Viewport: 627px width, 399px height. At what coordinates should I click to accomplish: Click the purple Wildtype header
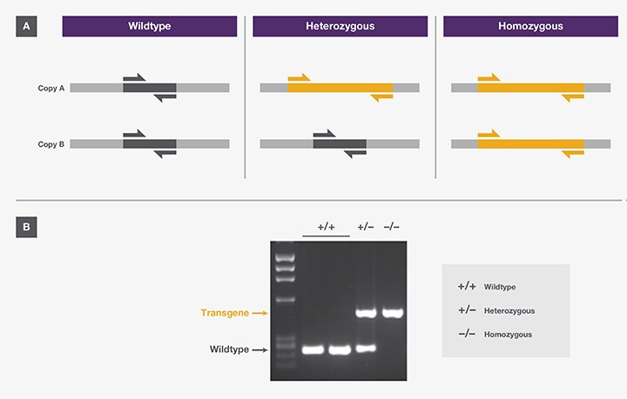coord(149,27)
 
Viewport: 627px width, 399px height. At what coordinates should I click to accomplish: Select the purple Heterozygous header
coord(340,27)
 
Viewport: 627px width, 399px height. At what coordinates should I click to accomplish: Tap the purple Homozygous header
coord(530,27)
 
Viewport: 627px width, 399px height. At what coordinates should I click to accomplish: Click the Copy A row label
coord(51,88)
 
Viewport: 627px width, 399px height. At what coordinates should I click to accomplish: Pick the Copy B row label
coord(51,143)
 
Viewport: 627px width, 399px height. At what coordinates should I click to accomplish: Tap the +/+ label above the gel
coord(327,228)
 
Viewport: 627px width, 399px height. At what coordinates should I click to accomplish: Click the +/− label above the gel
coord(366,228)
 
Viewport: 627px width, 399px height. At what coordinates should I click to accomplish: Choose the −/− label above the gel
coord(393,228)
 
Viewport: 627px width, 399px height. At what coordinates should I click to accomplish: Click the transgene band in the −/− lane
coord(394,313)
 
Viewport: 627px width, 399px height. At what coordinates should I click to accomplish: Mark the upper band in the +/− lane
coord(366,313)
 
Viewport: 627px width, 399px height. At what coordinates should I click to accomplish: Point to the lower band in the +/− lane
coord(366,349)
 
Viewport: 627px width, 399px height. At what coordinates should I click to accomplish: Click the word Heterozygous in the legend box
coord(509,310)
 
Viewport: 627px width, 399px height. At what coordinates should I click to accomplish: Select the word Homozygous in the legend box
coord(508,335)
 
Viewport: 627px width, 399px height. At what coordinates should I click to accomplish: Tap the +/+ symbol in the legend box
coord(467,286)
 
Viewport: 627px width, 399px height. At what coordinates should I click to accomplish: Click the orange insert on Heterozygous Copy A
coord(340,88)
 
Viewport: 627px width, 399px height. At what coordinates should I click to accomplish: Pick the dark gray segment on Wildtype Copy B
coord(149,143)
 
